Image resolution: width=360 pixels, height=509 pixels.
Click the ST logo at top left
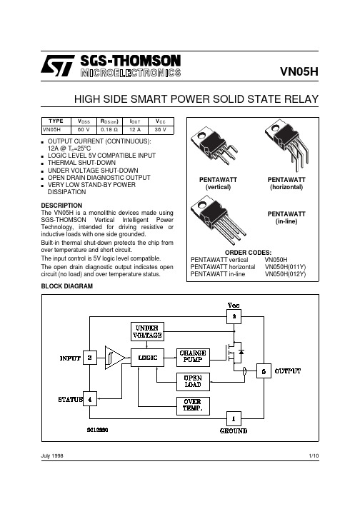click(x=58, y=66)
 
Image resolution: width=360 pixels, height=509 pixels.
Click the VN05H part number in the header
click(x=299, y=71)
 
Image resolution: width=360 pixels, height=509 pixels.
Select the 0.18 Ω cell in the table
click(x=109, y=130)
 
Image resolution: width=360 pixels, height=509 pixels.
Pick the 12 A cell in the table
click(x=135, y=130)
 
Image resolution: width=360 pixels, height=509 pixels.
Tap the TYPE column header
click(x=56, y=121)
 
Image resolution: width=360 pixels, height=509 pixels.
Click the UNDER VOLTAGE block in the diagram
click(x=148, y=331)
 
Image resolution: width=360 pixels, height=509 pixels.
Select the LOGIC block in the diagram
click(x=148, y=358)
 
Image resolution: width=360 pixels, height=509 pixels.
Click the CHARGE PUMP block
click(x=193, y=358)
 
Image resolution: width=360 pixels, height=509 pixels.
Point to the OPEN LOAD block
click(x=193, y=382)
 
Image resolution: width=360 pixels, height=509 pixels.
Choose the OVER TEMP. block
click(x=193, y=405)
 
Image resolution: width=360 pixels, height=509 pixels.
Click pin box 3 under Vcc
click(x=234, y=316)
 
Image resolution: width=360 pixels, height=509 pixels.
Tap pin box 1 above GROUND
click(x=234, y=419)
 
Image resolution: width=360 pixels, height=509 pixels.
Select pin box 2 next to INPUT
click(x=90, y=358)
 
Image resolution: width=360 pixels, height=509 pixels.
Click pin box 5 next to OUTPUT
click(x=264, y=371)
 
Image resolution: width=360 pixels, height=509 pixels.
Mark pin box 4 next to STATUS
click(x=90, y=399)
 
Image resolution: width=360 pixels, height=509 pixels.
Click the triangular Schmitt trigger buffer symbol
click(x=115, y=358)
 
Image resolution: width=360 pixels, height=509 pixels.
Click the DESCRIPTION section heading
click(x=61, y=206)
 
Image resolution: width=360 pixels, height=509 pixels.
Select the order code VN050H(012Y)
click(x=285, y=274)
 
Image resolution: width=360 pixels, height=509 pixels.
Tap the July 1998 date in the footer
click(x=52, y=455)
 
